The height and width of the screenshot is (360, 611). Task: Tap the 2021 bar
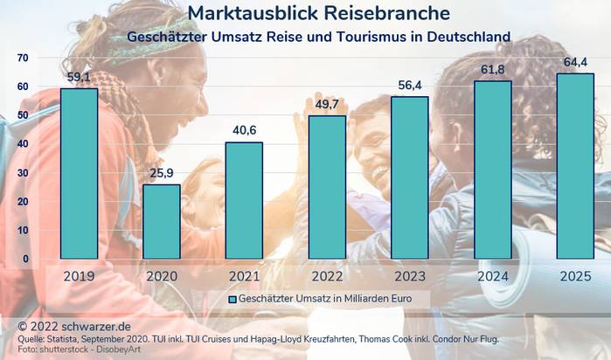tap(244, 200)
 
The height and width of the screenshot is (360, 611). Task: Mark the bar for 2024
tap(492, 170)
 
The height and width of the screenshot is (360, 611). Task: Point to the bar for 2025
tap(574, 166)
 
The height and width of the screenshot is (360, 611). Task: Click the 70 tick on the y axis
tap(23, 58)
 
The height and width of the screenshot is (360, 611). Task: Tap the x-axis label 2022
tap(327, 275)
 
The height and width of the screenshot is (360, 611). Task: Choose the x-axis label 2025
tap(574, 275)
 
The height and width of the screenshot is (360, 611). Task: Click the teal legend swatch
tap(232, 299)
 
